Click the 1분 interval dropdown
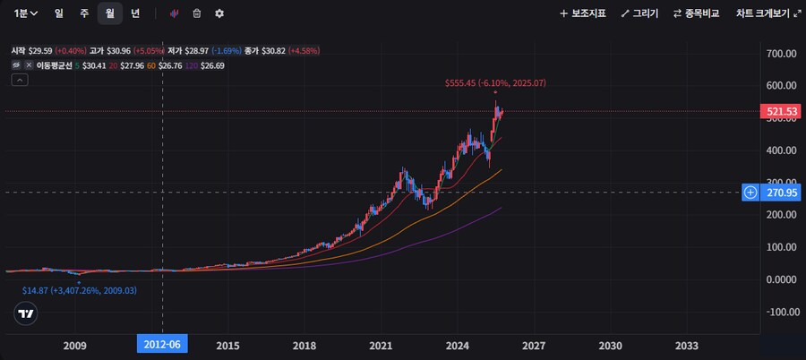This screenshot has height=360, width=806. pyautogui.click(x=25, y=13)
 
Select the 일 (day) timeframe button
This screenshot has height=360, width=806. pyautogui.click(x=58, y=13)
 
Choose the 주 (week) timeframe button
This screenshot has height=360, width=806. pyautogui.click(x=83, y=13)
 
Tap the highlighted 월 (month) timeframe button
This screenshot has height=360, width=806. pyautogui.click(x=109, y=13)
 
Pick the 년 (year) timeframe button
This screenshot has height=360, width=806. pyautogui.click(x=135, y=13)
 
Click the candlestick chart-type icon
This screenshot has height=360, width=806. pyautogui.click(x=174, y=13)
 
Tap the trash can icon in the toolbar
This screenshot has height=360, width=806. pyautogui.click(x=197, y=13)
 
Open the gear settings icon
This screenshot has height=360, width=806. pyautogui.click(x=219, y=13)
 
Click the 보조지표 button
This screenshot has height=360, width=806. pyautogui.click(x=583, y=13)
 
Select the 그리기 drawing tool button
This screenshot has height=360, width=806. pyautogui.click(x=639, y=13)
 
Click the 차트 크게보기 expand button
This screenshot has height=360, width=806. pyautogui.click(x=767, y=13)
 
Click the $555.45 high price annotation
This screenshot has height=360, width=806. pyautogui.click(x=495, y=82)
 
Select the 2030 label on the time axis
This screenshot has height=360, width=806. pyautogui.click(x=610, y=346)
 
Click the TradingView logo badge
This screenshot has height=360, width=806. pyautogui.click(x=27, y=313)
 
